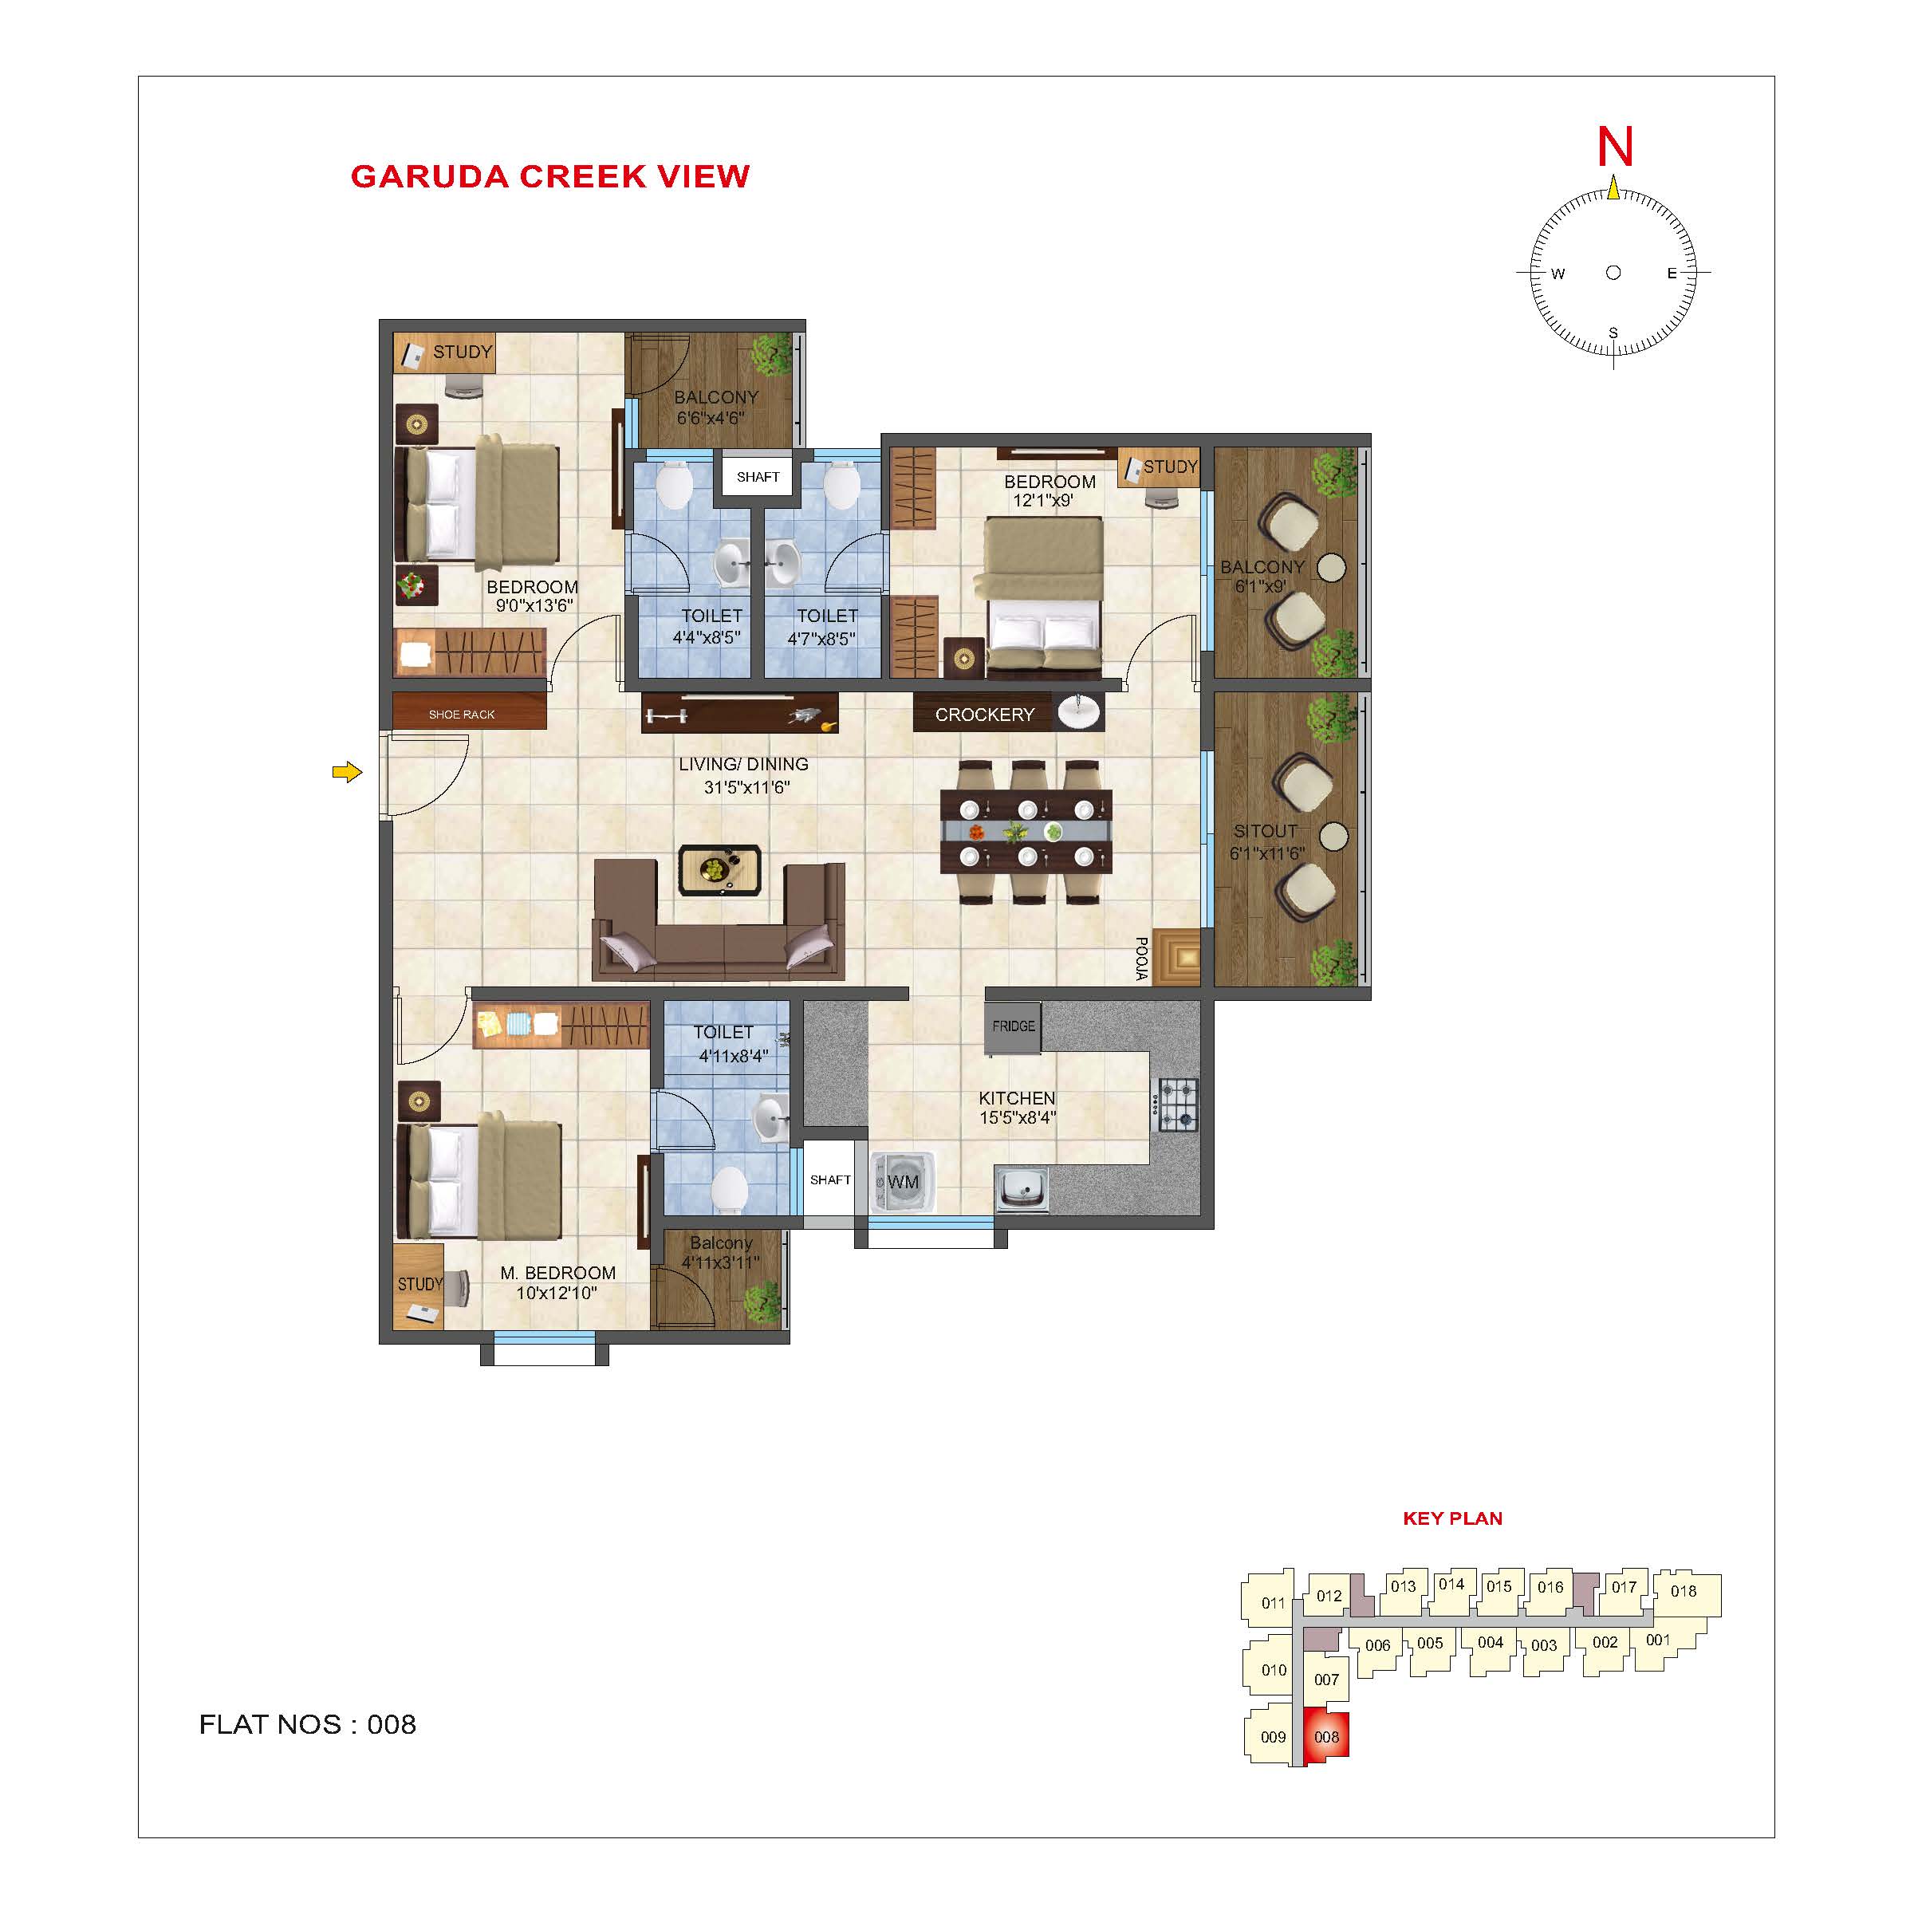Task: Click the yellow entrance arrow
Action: point(347,772)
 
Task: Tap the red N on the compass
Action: point(1615,147)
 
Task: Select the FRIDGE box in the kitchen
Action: point(1013,1026)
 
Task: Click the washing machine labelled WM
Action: point(900,1182)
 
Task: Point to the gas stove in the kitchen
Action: point(1176,1105)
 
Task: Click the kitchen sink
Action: point(1022,1187)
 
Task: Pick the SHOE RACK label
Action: point(462,715)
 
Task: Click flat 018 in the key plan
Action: point(1686,1592)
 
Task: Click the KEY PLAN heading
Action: point(1452,1518)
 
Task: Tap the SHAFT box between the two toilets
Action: point(758,477)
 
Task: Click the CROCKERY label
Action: point(984,715)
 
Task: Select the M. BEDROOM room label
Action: point(557,1273)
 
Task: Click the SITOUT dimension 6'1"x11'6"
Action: point(1267,853)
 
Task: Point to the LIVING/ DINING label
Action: point(743,764)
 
